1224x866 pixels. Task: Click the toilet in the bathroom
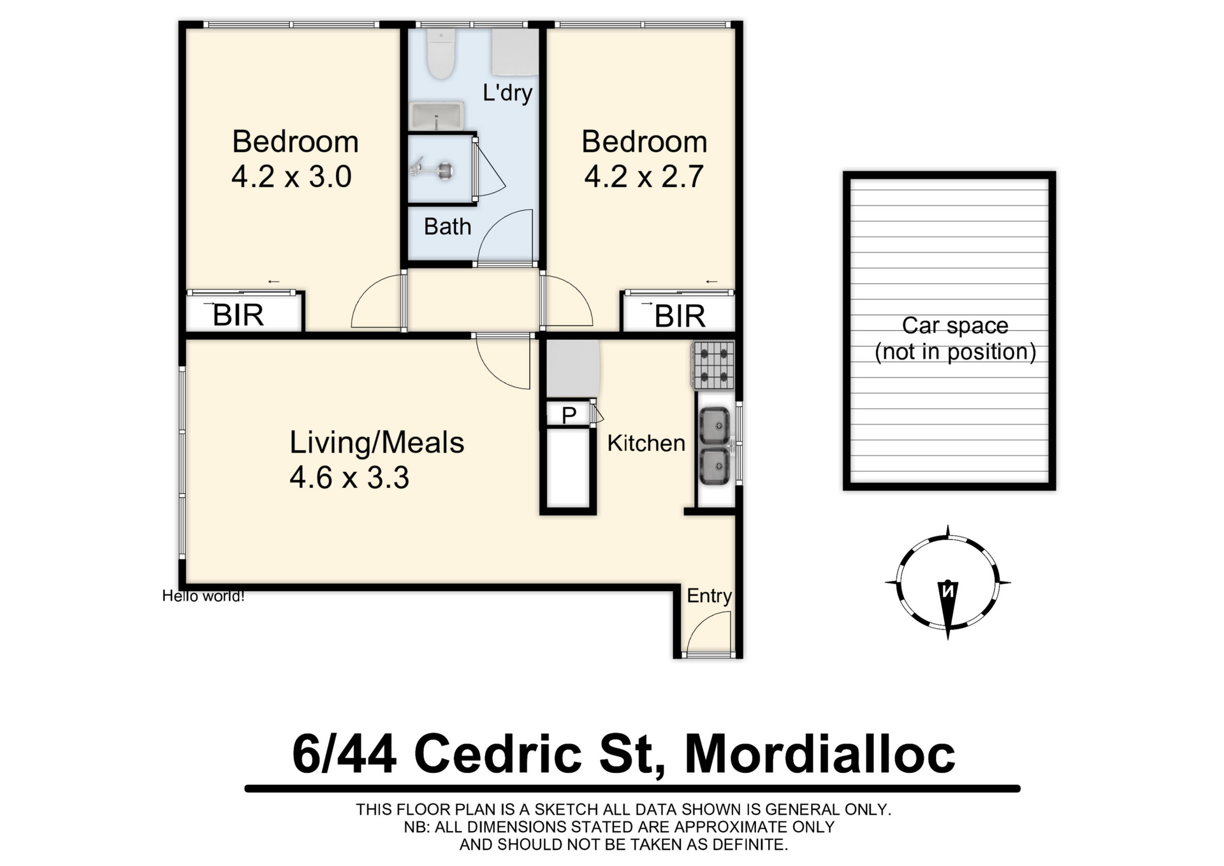441,54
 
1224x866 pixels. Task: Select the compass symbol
948,582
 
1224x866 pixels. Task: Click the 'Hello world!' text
203,596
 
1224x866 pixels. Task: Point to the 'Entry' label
709,596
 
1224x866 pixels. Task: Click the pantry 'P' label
569,415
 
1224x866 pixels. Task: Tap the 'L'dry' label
507,93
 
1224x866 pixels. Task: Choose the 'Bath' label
448,226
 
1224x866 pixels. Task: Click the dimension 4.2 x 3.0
291,177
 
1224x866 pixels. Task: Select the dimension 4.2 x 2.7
644,177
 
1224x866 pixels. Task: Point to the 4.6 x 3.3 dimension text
349,478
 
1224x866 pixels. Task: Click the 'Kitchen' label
646,443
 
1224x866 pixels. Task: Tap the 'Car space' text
955,325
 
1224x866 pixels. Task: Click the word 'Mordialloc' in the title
820,754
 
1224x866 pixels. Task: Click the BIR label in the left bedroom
238,315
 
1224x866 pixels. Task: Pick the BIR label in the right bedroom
680,316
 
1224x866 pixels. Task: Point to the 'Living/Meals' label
377,443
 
